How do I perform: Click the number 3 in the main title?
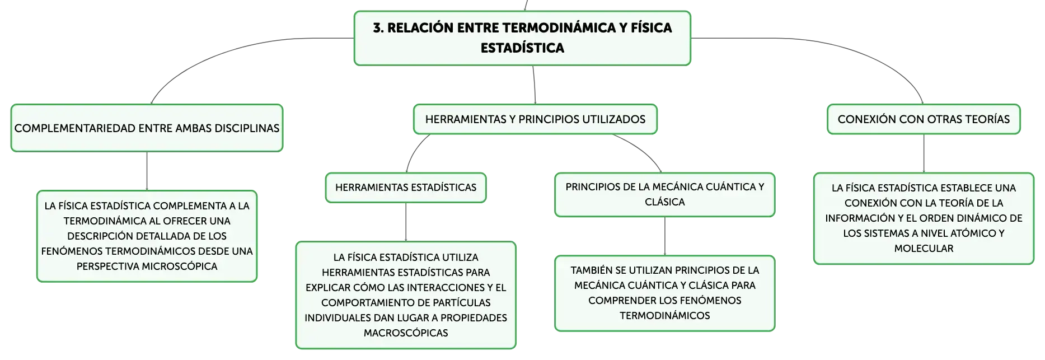click(378, 28)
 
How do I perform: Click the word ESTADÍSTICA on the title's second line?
click(522, 48)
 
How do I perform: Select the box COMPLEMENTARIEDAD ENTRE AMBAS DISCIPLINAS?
click(147, 128)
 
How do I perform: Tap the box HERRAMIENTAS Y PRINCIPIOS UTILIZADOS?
click(535, 119)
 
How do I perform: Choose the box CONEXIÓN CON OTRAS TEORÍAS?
click(924, 119)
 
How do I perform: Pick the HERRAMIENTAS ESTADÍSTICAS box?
click(406, 188)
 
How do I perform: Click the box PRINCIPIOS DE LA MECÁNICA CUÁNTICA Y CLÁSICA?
click(665, 194)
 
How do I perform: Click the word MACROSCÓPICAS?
click(406, 333)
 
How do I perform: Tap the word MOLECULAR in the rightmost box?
click(924, 249)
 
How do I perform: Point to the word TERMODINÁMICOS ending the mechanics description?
click(665, 316)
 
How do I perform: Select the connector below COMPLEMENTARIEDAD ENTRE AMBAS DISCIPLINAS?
click(147, 171)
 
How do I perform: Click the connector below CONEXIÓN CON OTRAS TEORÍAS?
click(924, 153)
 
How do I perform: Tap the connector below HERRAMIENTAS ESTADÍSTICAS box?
click(406, 222)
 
